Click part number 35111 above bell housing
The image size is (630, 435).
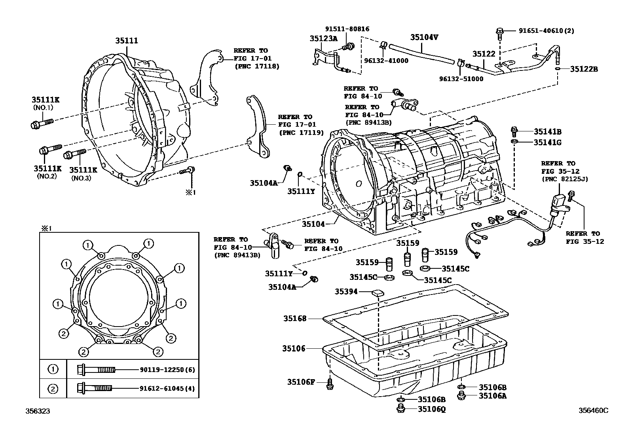pyautogui.click(x=127, y=41)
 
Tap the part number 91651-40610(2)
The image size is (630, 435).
pyautogui.click(x=546, y=30)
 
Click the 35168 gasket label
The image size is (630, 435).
pyautogui.click(x=294, y=318)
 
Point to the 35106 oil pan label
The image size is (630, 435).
pyautogui.click(x=294, y=348)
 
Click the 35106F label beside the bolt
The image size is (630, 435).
pyautogui.click(x=301, y=382)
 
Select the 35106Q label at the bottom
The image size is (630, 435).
pyautogui.click(x=432, y=409)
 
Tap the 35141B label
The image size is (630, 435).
pyautogui.click(x=547, y=132)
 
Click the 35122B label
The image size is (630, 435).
pyautogui.click(x=584, y=69)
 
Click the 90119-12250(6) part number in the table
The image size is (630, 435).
pyautogui.click(x=167, y=370)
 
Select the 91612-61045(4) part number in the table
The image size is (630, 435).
pyautogui.click(x=167, y=388)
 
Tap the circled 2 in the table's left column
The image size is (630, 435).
pyautogui.click(x=53, y=388)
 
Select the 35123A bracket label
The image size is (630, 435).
pyautogui.click(x=323, y=38)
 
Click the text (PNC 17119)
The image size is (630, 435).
pyautogui.click(x=301, y=133)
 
